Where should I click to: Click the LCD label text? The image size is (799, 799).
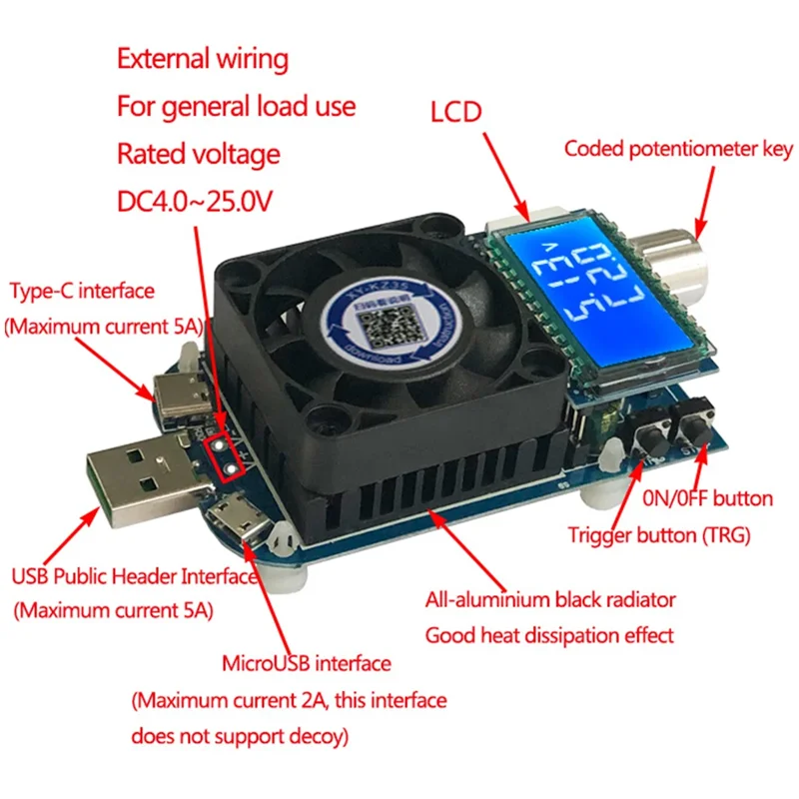click(x=455, y=111)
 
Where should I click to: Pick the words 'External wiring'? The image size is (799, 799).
click(x=203, y=59)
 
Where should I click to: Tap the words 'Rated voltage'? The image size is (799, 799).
click(x=198, y=154)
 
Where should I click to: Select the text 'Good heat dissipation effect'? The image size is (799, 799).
click(x=549, y=634)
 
